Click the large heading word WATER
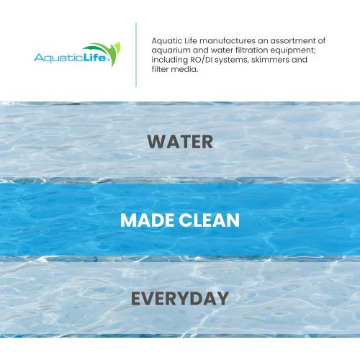179,141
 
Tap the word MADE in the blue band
147,220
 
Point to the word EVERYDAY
179,298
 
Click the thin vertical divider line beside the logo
136,54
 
